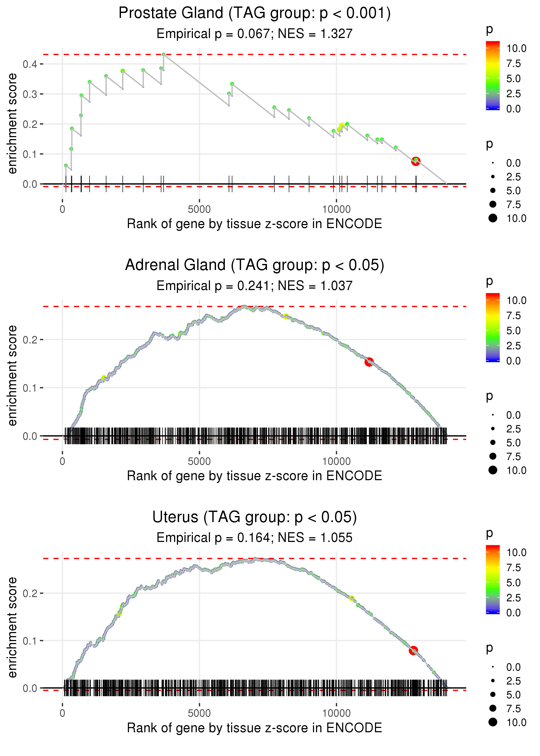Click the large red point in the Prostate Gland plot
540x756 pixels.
[416, 161]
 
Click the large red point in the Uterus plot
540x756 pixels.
[413, 651]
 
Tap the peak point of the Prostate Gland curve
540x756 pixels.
[164, 54]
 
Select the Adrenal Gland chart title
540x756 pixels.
[254, 265]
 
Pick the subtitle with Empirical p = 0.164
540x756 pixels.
[254, 538]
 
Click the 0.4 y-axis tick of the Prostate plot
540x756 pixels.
[30, 64]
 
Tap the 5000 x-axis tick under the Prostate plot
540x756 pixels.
[199, 210]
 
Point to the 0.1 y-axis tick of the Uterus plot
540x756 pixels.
[30, 641]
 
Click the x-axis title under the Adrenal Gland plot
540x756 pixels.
[254, 476]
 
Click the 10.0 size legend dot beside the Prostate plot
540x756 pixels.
[493, 218]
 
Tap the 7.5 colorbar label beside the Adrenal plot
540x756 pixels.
[513, 316]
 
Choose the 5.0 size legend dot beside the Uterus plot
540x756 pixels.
[493, 694]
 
